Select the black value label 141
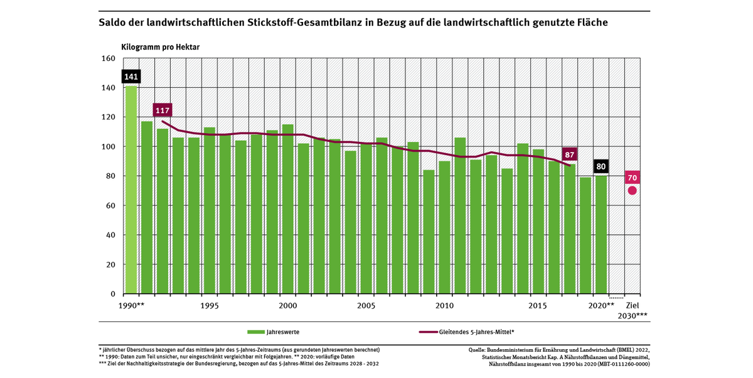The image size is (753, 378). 131,77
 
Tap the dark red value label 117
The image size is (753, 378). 162,109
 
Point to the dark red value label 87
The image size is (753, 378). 570,154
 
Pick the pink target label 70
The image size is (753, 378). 633,177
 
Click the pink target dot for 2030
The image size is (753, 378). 633,190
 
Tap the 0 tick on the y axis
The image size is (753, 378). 112,294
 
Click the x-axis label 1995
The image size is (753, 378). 210,305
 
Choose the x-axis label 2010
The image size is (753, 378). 445,305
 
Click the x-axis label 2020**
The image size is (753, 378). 602,305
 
